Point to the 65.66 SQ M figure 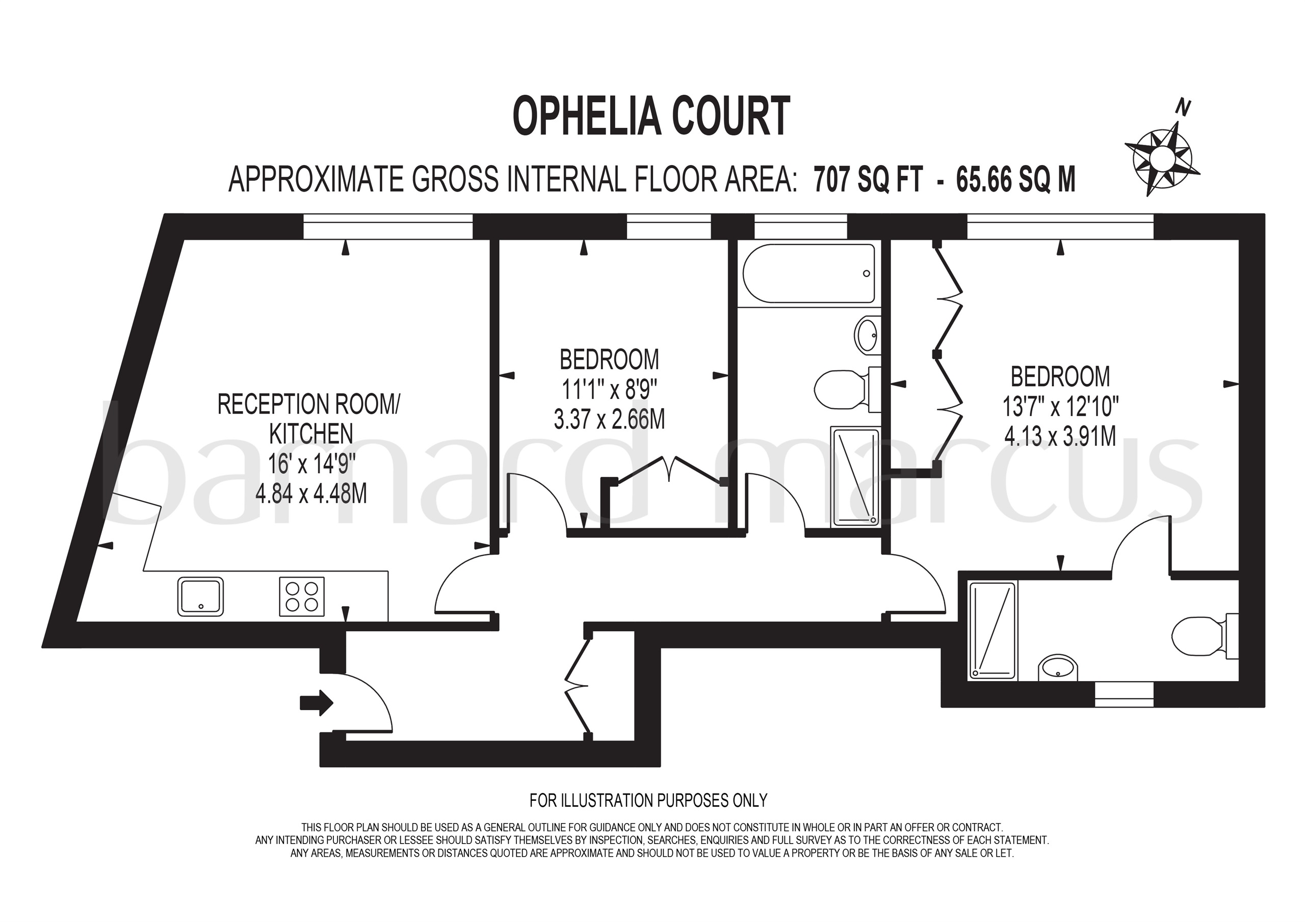[x=1015, y=179]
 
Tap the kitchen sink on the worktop [x=201, y=596]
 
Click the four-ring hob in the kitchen [x=302, y=596]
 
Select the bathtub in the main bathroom [x=810, y=273]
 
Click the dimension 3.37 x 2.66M [x=609, y=419]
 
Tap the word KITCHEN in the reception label [x=311, y=434]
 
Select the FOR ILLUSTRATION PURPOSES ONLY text [x=648, y=800]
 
